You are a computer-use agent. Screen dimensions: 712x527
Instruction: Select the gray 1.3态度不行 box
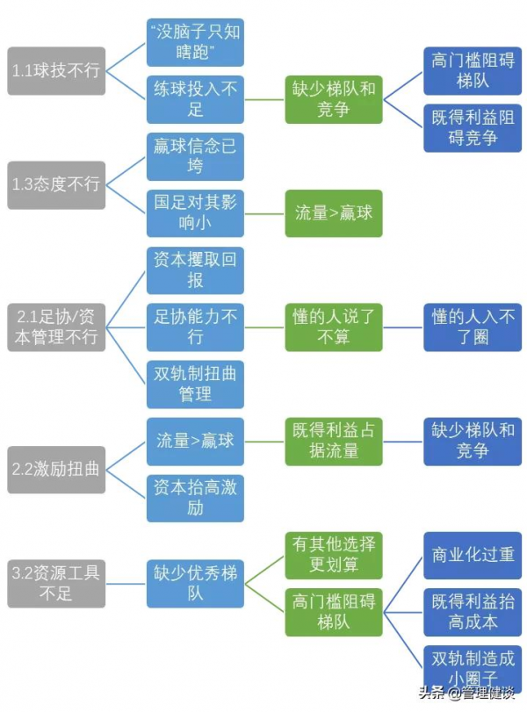point(56,184)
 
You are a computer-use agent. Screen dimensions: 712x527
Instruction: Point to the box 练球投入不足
point(195,99)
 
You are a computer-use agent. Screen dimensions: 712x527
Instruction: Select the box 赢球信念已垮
point(195,156)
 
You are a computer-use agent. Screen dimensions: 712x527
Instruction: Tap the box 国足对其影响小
point(195,212)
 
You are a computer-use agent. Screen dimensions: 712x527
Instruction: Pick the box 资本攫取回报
point(195,270)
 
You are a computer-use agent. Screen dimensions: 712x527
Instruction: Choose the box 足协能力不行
point(195,327)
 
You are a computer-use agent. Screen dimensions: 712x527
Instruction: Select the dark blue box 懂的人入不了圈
point(473,327)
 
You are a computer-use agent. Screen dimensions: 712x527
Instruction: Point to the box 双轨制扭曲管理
point(195,383)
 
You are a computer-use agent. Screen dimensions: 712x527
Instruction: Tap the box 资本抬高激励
point(195,497)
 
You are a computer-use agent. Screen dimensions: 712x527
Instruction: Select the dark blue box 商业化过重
point(473,555)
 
